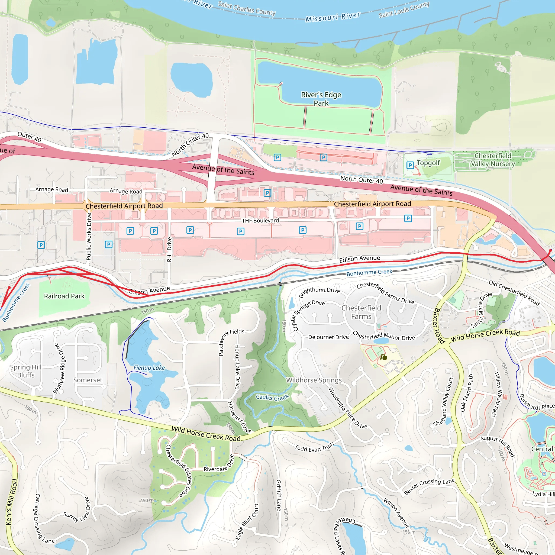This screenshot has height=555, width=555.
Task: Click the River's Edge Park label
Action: click(x=321, y=99)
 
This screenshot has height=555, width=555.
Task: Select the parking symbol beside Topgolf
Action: click(x=410, y=165)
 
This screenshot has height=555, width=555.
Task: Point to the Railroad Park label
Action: click(x=64, y=296)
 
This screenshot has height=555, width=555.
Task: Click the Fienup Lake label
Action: click(x=149, y=368)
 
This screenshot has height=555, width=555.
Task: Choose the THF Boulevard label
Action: click(x=260, y=221)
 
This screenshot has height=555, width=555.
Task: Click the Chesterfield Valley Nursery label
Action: click(x=493, y=160)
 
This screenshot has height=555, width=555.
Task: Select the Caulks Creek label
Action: click(x=272, y=397)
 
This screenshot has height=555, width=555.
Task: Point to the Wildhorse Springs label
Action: click(x=314, y=380)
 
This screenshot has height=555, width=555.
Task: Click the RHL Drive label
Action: click(x=169, y=249)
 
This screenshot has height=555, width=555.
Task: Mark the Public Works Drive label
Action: click(x=89, y=236)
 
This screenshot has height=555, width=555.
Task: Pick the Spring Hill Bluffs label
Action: click(x=26, y=371)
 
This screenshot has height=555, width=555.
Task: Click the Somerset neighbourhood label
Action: click(x=88, y=380)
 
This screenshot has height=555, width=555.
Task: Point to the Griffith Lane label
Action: click(x=278, y=496)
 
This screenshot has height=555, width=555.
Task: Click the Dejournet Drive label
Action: click(x=328, y=337)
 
